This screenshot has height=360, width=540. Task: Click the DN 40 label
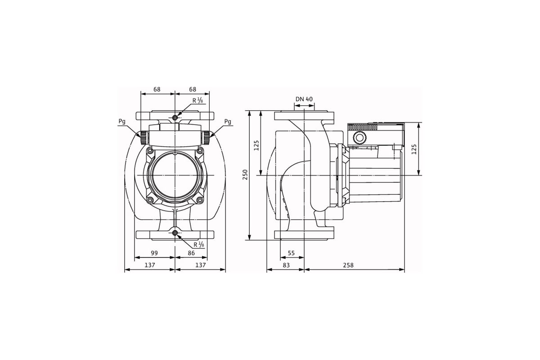[x=304, y=99]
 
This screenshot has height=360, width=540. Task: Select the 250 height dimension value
[x=245, y=175]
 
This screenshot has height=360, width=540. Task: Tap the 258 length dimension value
[x=348, y=265]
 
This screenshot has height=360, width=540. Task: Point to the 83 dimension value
[x=286, y=265]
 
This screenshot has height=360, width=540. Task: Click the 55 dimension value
[x=291, y=253]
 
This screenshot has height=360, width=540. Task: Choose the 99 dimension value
[x=154, y=253]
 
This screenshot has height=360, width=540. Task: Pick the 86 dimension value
[x=191, y=253]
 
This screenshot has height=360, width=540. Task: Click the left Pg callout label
[x=122, y=122]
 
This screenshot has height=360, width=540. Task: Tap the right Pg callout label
[x=228, y=122]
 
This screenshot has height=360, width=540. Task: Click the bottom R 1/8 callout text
[x=199, y=245]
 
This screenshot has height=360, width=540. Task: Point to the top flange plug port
[x=175, y=117]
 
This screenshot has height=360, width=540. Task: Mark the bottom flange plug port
[x=175, y=233]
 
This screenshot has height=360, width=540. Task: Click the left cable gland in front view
[x=144, y=138]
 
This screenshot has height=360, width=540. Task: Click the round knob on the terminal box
[x=360, y=138]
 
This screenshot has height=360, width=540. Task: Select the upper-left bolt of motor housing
[x=150, y=151]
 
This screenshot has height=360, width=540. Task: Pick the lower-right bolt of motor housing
[x=200, y=200]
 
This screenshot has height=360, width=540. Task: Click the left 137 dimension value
[x=150, y=265]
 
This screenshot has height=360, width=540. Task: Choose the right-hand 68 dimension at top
[x=193, y=90]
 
